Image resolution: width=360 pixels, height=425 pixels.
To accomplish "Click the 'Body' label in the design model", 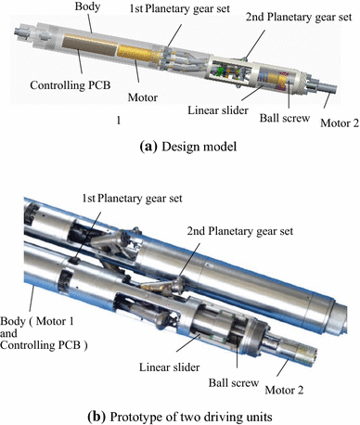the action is (x=87, y=6).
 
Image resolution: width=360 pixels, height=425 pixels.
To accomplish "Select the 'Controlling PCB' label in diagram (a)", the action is (x=71, y=85).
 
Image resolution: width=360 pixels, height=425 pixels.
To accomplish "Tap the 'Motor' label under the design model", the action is (x=143, y=97).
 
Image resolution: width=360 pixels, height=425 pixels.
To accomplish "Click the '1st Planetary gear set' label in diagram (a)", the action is (x=180, y=8).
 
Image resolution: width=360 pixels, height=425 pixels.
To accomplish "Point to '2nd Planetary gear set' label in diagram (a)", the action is (x=299, y=17).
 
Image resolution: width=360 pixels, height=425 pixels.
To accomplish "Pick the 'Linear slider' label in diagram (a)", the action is (x=218, y=110).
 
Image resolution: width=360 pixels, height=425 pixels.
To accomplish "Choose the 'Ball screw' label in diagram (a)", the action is (x=285, y=118).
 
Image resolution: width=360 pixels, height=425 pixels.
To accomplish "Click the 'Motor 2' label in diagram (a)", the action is (x=340, y=123).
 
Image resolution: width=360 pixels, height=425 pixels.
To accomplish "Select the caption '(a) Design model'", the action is (x=188, y=147).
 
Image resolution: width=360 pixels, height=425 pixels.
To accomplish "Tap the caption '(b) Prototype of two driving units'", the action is (x=180, y=417).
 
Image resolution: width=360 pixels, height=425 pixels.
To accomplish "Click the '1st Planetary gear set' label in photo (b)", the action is (x=132, y=199).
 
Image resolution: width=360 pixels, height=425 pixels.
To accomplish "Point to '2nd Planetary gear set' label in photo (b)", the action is (x=240, y=231).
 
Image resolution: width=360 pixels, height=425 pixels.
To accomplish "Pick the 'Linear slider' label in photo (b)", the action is (x=170, y=367).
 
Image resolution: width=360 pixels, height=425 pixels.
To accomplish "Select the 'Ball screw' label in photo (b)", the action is (x=234, y=383).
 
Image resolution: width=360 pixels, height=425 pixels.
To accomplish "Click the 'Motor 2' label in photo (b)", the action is (x=284, y=390).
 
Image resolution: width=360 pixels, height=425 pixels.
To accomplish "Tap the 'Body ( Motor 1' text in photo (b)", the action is (x=37, y=322).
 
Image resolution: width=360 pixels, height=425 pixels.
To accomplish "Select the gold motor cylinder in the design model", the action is (x=139, y=54).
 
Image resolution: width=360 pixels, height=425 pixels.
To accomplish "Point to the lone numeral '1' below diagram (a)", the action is (x=119, y=120).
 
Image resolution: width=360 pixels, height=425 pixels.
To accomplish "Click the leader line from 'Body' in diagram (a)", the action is (x=90, y=23).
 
